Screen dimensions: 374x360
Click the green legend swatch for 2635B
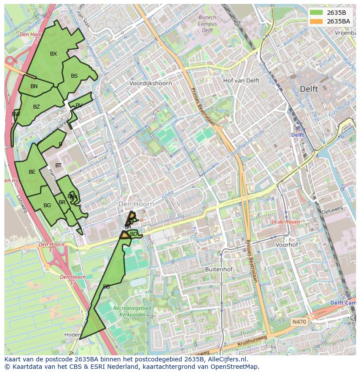click(316, 13)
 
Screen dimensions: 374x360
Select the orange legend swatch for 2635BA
click(316, 21)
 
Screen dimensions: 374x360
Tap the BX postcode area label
click(53, 54)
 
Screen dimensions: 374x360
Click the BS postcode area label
click(74, 76)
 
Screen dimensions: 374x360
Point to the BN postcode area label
click(34, 86)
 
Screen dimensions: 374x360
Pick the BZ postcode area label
click(37, 107)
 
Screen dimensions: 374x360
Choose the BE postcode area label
click(32, 172)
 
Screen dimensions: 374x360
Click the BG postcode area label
click(47, 205)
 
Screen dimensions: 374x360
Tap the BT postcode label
click(58, 165)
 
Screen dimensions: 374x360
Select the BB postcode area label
click(107, 287)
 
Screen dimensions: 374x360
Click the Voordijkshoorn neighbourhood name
click(150, 83)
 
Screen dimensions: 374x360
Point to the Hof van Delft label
click(241, 81)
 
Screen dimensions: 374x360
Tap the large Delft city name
click(309, 89)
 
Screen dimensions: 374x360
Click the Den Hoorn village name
click(136, 204)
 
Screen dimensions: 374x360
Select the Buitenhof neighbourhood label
click(219, 269)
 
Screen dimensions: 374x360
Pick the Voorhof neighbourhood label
click(287, 245)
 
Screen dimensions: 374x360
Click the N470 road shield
click(299, 322)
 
